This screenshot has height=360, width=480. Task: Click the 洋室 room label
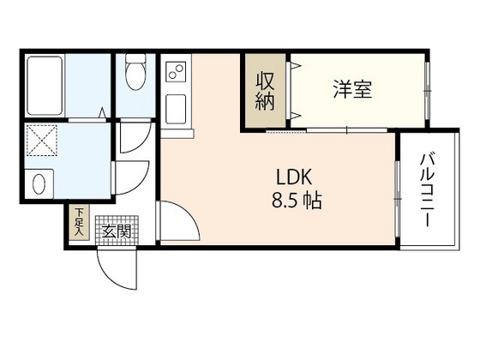coord(352,89)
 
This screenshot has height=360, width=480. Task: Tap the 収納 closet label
coord(264,91)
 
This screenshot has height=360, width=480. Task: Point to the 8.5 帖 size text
coord(293,204)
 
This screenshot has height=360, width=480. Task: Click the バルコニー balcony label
coord(426,189)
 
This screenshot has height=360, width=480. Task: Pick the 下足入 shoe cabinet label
coord(78,221)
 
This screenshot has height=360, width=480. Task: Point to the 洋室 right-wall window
coord(426,90)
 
